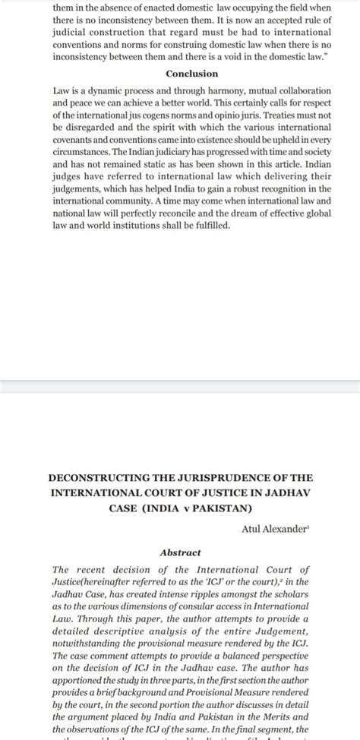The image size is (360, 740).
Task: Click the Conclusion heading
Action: tap(191, 74)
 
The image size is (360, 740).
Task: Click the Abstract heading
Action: tap(180, 552)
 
